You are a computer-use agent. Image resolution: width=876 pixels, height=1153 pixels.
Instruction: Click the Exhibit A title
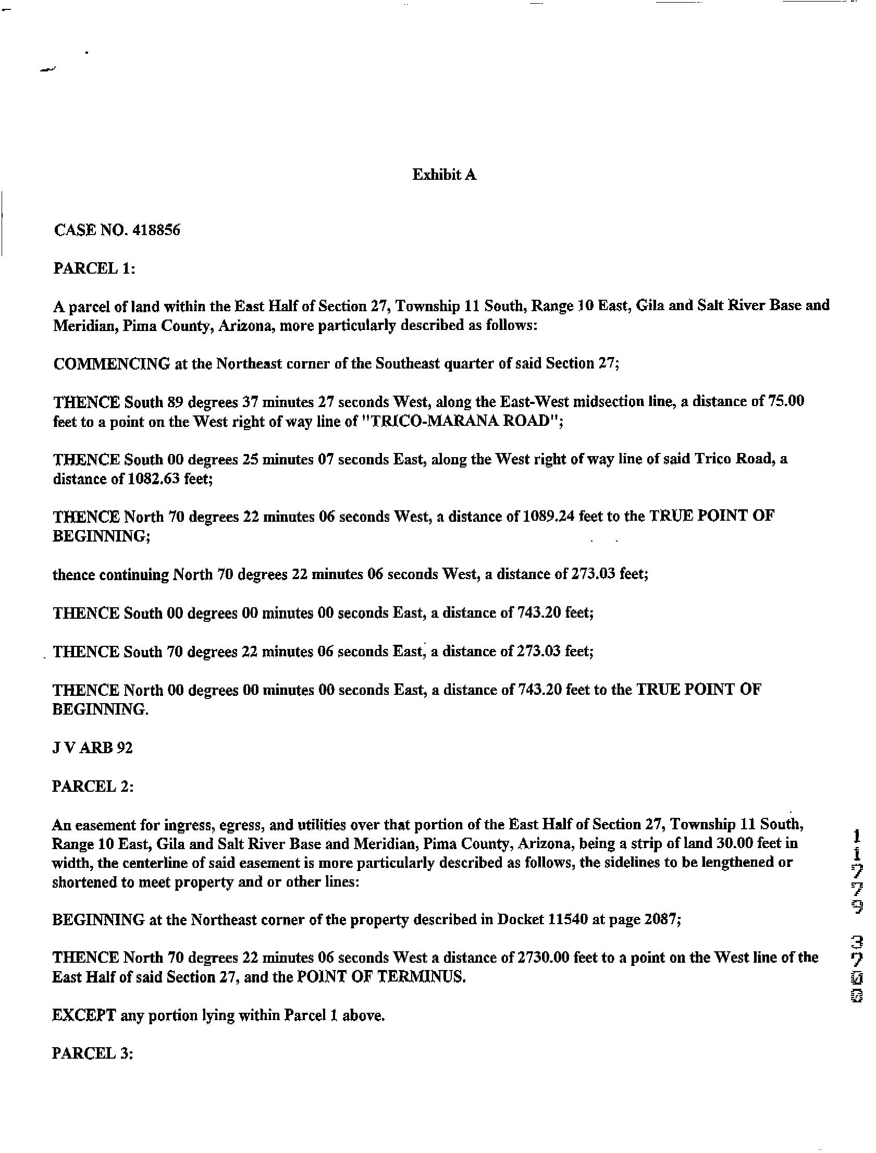445,175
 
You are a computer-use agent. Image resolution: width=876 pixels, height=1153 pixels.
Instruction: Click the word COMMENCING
112,363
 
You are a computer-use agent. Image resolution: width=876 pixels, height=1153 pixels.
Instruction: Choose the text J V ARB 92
93,748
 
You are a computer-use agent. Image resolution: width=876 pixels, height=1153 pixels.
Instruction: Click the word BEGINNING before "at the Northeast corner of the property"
98,919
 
